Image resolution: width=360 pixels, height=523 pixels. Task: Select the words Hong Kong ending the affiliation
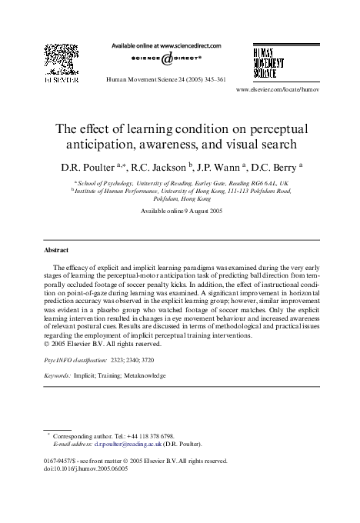(195, 198)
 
